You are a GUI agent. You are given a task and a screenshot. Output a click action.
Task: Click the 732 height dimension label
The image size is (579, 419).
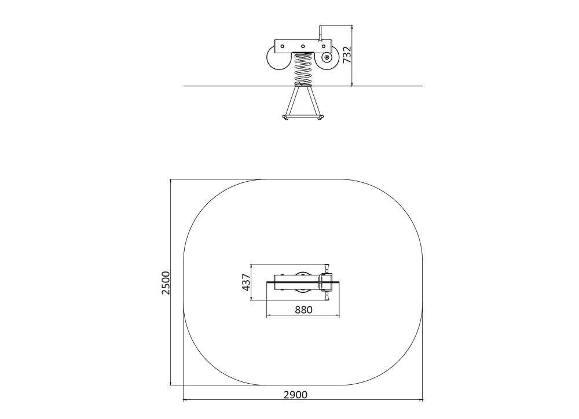(347, 54)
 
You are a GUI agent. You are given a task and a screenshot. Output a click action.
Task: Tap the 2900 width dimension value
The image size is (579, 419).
(295, 395)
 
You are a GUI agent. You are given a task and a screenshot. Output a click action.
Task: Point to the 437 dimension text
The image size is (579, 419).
(246, 282)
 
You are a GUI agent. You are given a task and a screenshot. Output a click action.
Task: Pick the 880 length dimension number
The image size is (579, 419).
(303, 310)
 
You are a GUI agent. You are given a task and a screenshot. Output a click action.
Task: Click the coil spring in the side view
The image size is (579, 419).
(303, 69)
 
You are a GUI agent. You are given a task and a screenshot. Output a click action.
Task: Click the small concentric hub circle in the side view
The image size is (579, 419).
(327, 57)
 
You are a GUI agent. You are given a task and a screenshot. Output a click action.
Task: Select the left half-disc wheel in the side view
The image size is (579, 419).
(276, 58)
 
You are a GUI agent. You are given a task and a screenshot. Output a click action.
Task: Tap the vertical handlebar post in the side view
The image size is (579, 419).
(321, 33)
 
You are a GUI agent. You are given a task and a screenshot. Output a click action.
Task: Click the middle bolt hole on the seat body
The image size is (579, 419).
(302, 46)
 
